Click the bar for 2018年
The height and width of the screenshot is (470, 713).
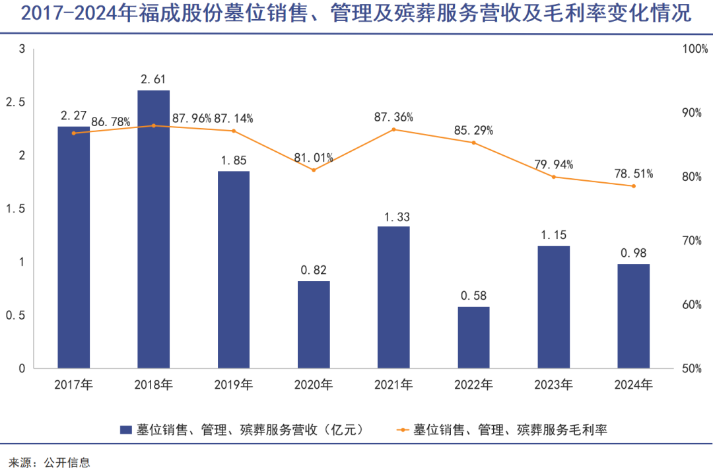click(153, 229)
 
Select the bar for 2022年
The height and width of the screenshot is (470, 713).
click(473, 337)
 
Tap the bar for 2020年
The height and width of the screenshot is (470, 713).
click(314, 325)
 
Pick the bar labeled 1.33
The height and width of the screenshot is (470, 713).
click(393, 297)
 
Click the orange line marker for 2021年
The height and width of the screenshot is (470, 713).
click(393, 129)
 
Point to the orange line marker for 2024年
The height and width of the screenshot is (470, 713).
click(633, 186)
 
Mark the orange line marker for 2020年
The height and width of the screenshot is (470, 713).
click(314, 170)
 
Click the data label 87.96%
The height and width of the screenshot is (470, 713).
click(191, 119)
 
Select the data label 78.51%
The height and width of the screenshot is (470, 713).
click(633, 174)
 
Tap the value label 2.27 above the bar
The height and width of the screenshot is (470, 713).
click(73, 116)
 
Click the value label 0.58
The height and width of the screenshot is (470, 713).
click(473, 296)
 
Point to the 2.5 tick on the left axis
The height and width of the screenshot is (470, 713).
click(16, 102)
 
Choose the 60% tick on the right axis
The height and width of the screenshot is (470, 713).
click(692, 305)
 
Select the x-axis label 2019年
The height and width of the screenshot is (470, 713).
click(234, 384)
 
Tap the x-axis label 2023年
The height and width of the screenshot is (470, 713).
click(553, 384)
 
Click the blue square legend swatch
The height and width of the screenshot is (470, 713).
click(125, 430)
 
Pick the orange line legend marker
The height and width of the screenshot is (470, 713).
click(402, 430)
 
